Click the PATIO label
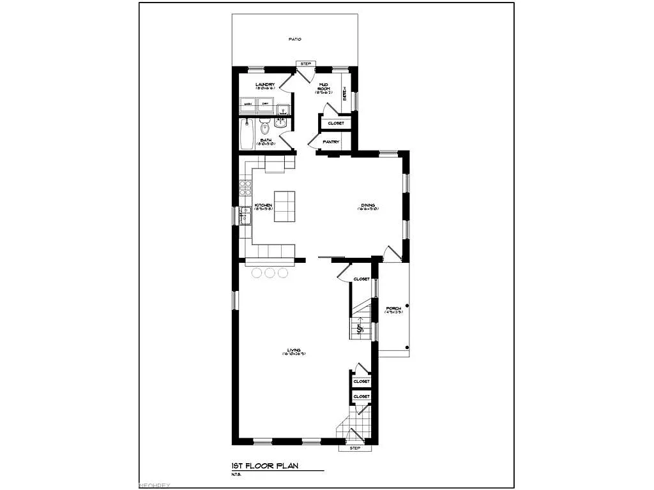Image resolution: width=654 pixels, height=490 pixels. (294, 40)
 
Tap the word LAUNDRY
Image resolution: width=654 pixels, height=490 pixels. (264, 85)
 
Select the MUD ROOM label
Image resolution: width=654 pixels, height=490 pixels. (323, 87)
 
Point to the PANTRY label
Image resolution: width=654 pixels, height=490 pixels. (330, 142)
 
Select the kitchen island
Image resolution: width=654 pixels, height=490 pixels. (285, 206)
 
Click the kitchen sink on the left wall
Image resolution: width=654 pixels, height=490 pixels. (245, 217)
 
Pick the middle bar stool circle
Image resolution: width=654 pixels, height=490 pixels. (269, 272)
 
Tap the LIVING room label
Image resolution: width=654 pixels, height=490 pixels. (294, 351)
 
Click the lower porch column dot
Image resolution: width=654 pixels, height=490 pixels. (407, 348)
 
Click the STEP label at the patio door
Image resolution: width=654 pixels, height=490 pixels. (305, 64)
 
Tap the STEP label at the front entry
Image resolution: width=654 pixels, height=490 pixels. (355, 448)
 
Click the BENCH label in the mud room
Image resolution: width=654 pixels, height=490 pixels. (346, 94)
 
